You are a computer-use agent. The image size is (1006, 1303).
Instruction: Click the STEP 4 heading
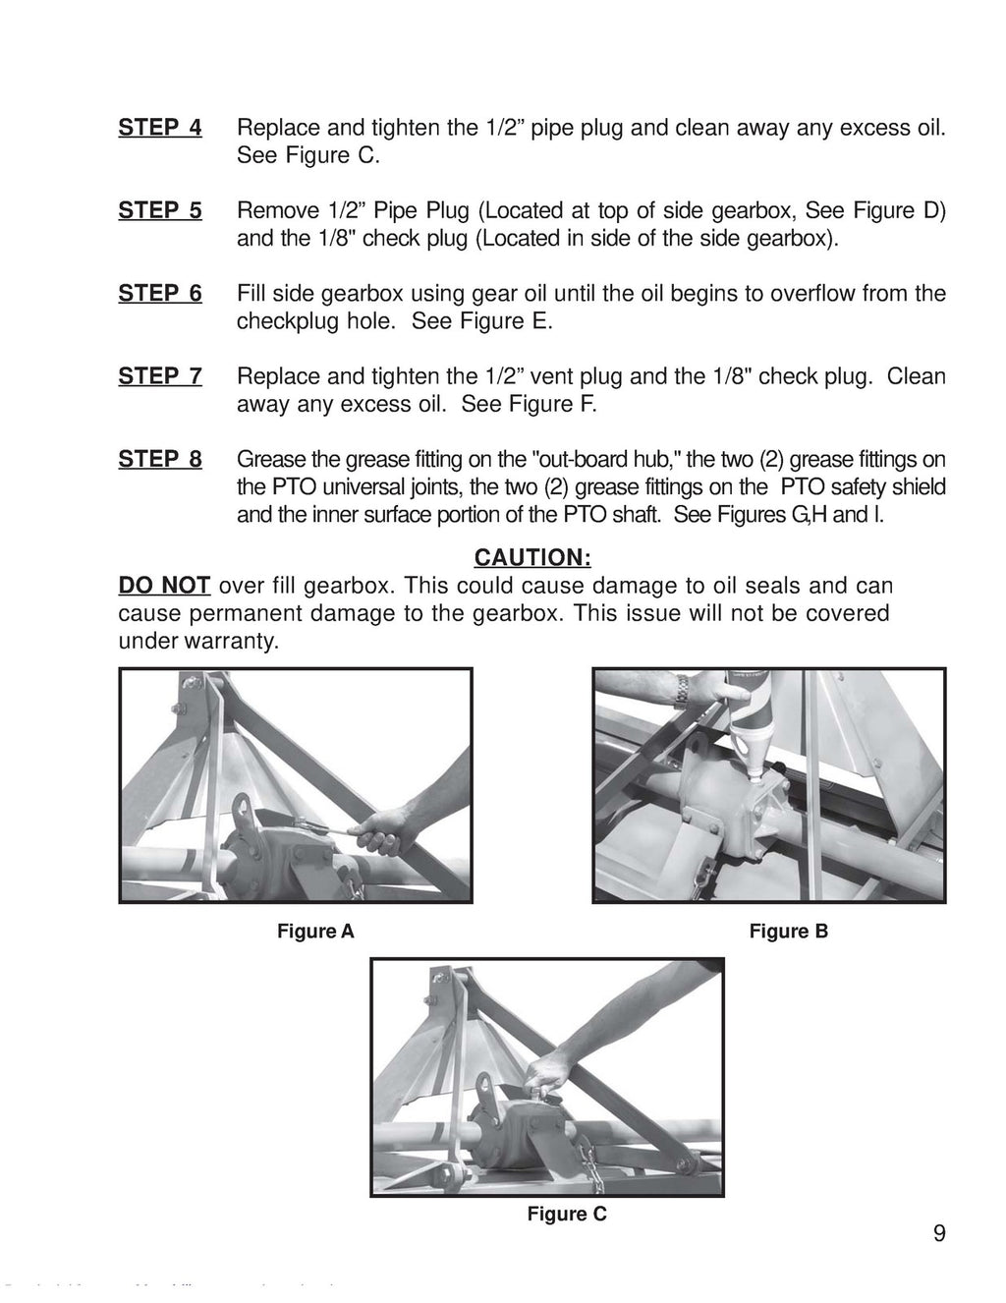pos(160,128)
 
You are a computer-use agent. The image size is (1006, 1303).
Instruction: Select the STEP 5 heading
pos(160,210)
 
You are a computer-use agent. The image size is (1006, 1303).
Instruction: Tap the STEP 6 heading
pos(160,293)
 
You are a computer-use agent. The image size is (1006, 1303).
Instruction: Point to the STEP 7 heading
pos(160,376)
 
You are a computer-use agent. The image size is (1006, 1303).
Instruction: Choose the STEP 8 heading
pos(160,459)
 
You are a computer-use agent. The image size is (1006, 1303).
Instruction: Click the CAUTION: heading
pos(531,558)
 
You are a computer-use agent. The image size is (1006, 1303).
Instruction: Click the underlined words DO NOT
pos(164,586)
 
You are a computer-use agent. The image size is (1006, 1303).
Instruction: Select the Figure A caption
pos(315,932)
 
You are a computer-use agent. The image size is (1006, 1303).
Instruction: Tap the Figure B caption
pos(788,932)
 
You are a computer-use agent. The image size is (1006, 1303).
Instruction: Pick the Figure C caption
pos(567,1214)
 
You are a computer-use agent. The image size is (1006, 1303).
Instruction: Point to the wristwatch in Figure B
pos(680,690)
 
